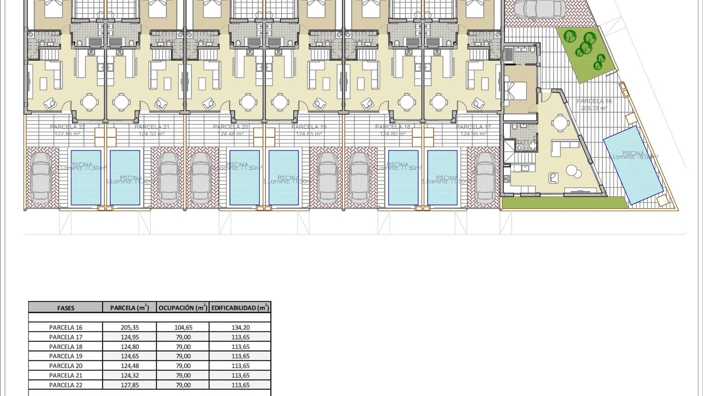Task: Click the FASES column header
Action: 66,308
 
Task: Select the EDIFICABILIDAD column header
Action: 240,308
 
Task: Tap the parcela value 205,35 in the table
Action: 130,327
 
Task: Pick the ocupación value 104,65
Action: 183,327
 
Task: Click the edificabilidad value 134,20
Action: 241,327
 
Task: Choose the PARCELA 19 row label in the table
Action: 66,356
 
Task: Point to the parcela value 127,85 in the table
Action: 130,385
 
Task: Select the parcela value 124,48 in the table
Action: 130,366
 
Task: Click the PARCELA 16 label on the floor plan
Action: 594,101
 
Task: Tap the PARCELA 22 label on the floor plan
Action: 67,127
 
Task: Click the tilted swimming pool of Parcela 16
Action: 633,165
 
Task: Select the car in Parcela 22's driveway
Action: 41,178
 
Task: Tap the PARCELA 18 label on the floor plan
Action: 393,127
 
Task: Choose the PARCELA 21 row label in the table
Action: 66,375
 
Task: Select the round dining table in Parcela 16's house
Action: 560,123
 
